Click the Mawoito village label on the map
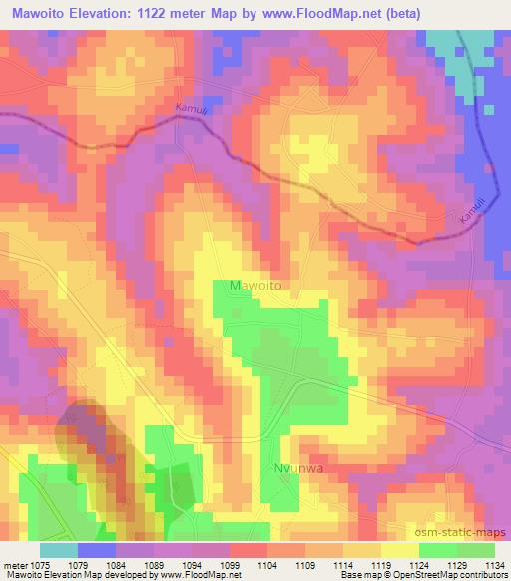tap(255, 286)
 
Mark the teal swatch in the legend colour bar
tap(59, 550)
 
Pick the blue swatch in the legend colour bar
tap(97, 550)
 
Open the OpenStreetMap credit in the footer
tap(469, 575)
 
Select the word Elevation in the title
tap(122, 14)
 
